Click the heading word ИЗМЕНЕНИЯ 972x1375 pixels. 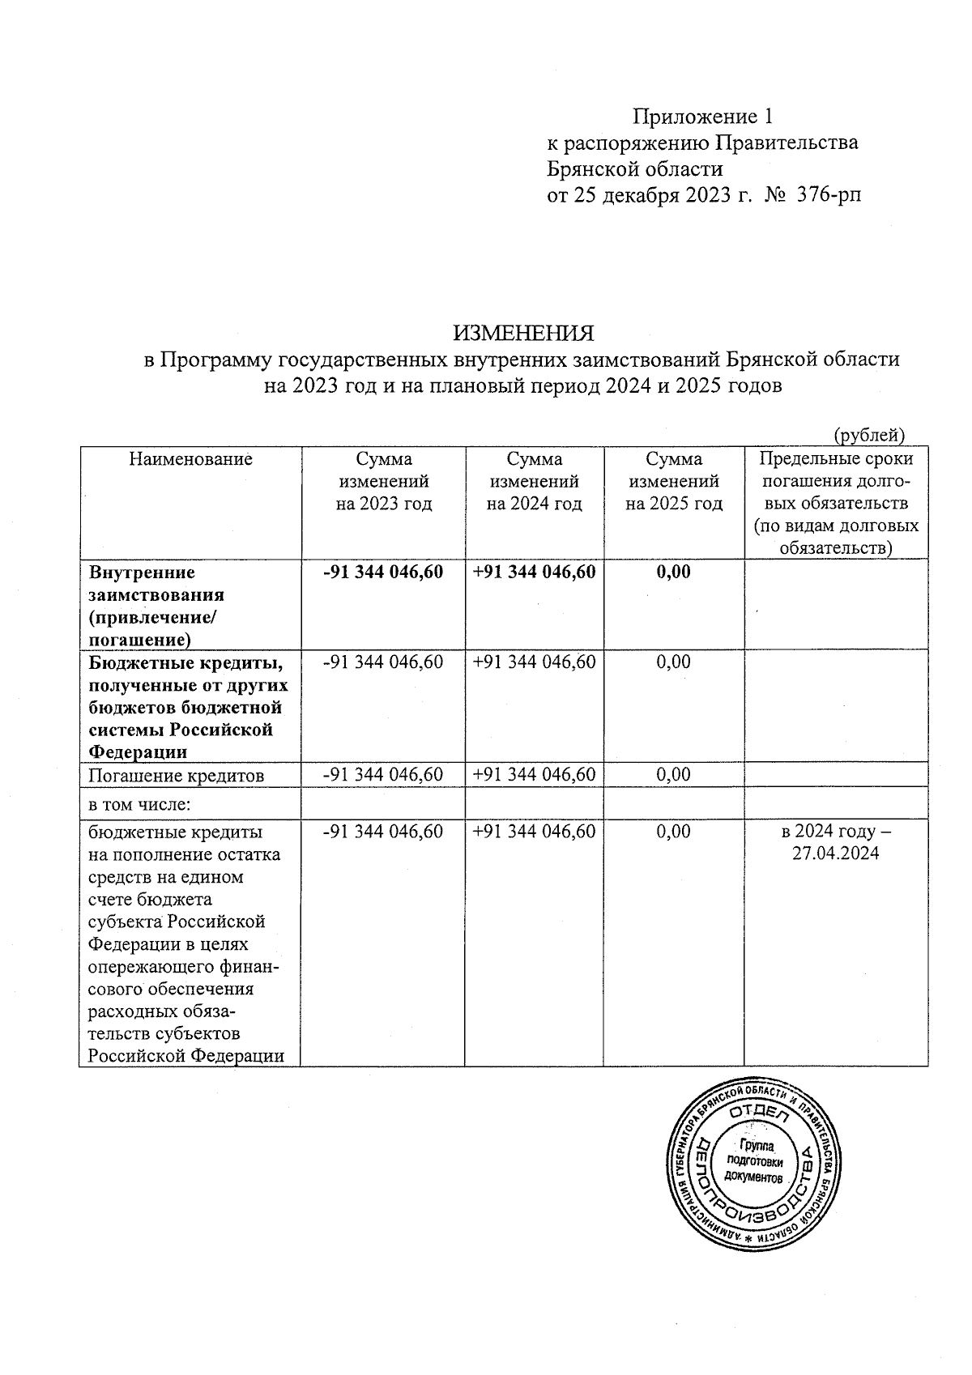[x=522, y=334]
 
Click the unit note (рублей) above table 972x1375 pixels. [x=869, y=435]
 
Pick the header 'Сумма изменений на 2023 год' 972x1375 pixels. [x=384, y=481]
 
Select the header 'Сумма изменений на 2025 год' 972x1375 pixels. [x=674, y=481]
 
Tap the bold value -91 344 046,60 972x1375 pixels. [x=383, y=573]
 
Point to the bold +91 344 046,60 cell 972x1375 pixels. [x=535, y=573]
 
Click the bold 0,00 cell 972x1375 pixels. [x=673, y=573]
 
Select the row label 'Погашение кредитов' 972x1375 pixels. [x=177, y=775]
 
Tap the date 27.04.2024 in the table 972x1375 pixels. [x=835, y=854]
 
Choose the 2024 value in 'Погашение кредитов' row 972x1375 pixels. [x=535, y=775]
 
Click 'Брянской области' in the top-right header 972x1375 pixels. [x=635, y=169]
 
